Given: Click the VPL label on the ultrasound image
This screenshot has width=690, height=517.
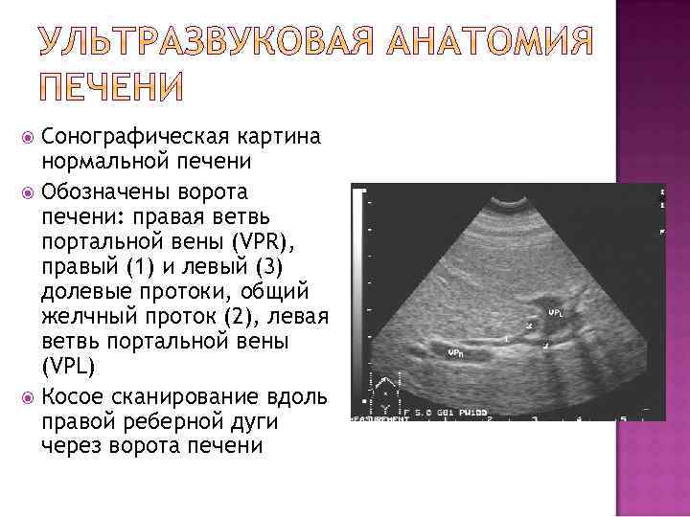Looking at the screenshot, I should (x=555, y=313).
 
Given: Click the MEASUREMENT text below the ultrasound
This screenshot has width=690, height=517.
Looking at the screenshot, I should (x=379, y=418).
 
